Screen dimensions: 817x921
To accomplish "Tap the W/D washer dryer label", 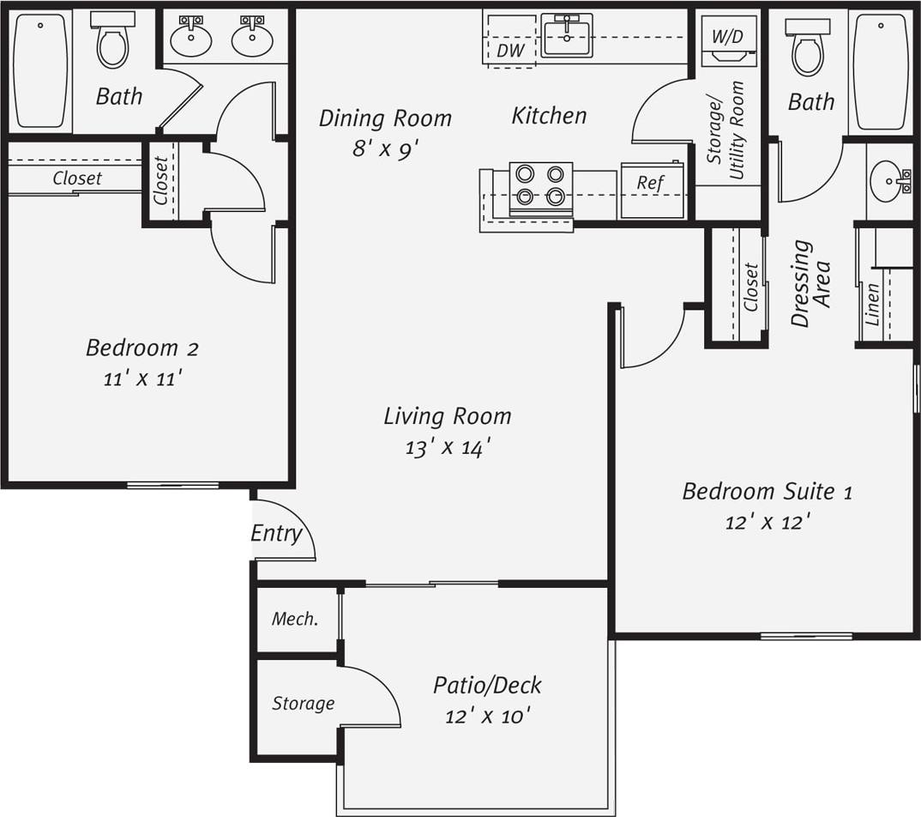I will tap(728, 36).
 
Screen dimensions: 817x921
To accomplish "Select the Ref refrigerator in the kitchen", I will tap(650, 183).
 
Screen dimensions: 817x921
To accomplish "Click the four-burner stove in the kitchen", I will tap(540, 185).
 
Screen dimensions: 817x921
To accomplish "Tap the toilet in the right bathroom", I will tap(807, 48).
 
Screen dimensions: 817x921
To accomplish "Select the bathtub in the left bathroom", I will tap(40, 70).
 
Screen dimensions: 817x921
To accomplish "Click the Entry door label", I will tap(276, 534).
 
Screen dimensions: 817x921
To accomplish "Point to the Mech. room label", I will tap(295, 619).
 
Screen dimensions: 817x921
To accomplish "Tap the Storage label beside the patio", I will tap(303, 704).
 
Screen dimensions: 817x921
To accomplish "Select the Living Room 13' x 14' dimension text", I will tap(447, 447).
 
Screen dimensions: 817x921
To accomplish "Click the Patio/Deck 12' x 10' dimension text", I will tap(487, 716).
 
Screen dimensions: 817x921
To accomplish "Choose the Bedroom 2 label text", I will tap(142, 348).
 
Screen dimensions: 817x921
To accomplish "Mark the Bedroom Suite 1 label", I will tap(767, 492).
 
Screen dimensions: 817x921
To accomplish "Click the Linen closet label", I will tap(872, 304).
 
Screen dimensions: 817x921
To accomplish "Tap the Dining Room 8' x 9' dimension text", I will tap(384, 148).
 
